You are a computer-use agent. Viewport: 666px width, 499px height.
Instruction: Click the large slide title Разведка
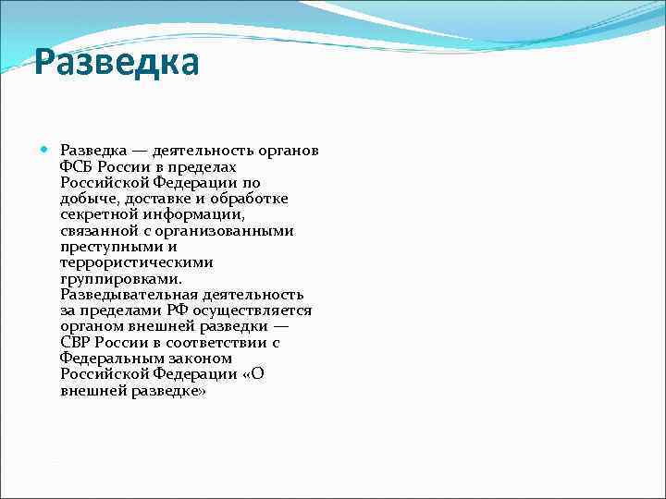point(117,64)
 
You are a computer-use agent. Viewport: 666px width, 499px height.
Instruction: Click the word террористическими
point(136,262)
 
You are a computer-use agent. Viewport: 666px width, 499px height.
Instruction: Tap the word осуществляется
point(253,310)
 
